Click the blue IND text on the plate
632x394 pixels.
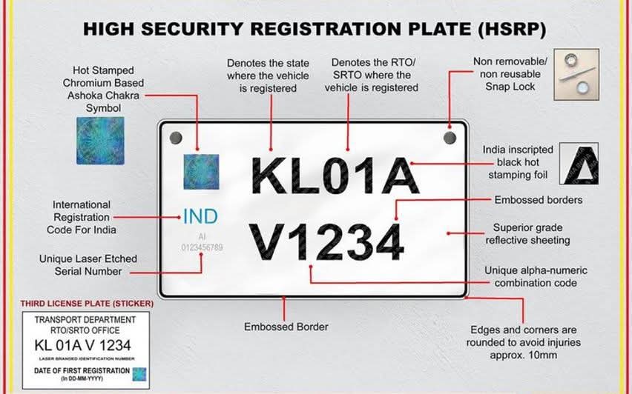pos(200,216)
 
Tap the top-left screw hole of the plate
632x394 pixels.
pos(176,138)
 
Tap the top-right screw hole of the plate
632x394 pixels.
pos(450,138)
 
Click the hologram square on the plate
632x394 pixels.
pos(202,172)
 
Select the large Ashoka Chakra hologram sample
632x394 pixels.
pos(100,141)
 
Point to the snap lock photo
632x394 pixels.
pos(576,75)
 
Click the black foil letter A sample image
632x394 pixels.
pos(579,164)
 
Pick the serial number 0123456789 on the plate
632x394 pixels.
pos(202,247)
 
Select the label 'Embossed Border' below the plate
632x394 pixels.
pos(286,327)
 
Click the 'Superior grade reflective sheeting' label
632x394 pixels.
pos(527,234)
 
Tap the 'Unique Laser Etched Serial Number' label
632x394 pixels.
pos(88,265)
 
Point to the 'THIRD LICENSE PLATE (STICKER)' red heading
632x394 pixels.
pos(87,303)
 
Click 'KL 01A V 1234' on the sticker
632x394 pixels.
pos(82,345)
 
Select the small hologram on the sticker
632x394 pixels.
pos(139,374)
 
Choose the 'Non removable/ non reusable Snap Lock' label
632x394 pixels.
pos(510,74)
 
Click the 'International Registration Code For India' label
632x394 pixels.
pos(82,217)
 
